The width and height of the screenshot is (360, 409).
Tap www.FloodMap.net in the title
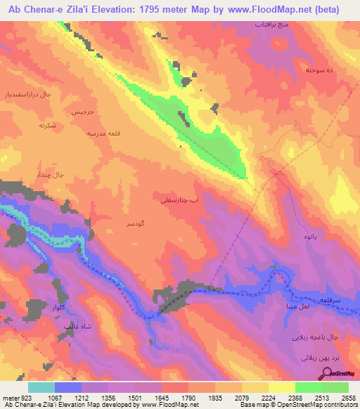(271, 10)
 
